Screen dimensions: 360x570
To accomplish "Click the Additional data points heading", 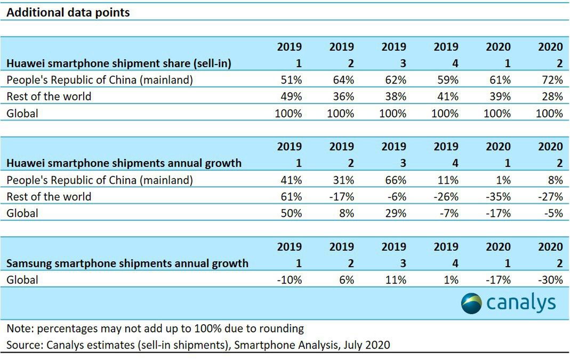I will [68, 12].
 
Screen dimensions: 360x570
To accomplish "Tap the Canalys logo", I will [508, 303].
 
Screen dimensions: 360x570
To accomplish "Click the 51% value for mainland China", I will [292, 80].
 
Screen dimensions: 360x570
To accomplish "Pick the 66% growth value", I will [396, 180].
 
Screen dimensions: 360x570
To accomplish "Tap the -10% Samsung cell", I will [290, 279].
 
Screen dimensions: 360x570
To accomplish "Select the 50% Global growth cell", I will [292, 213].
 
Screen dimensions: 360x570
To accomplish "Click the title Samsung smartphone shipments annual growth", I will [127, 263].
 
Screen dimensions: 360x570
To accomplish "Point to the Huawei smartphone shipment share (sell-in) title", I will [119, 63].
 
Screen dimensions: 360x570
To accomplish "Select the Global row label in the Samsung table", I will [22, 279].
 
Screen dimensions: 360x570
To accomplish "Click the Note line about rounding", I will [155, 328].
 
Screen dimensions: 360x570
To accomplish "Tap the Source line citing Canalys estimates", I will [198, 345].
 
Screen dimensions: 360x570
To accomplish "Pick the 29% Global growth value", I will [396, 213].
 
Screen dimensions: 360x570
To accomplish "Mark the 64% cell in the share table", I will [344, 80].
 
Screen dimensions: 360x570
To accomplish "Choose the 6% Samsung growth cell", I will [346, 279].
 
